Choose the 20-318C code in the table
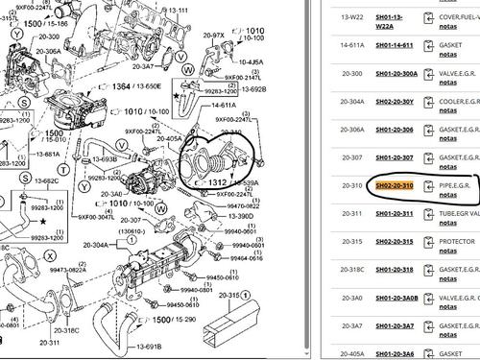click(331, 269)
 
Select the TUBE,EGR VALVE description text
click(458, 213)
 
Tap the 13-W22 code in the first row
click(328, 16)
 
